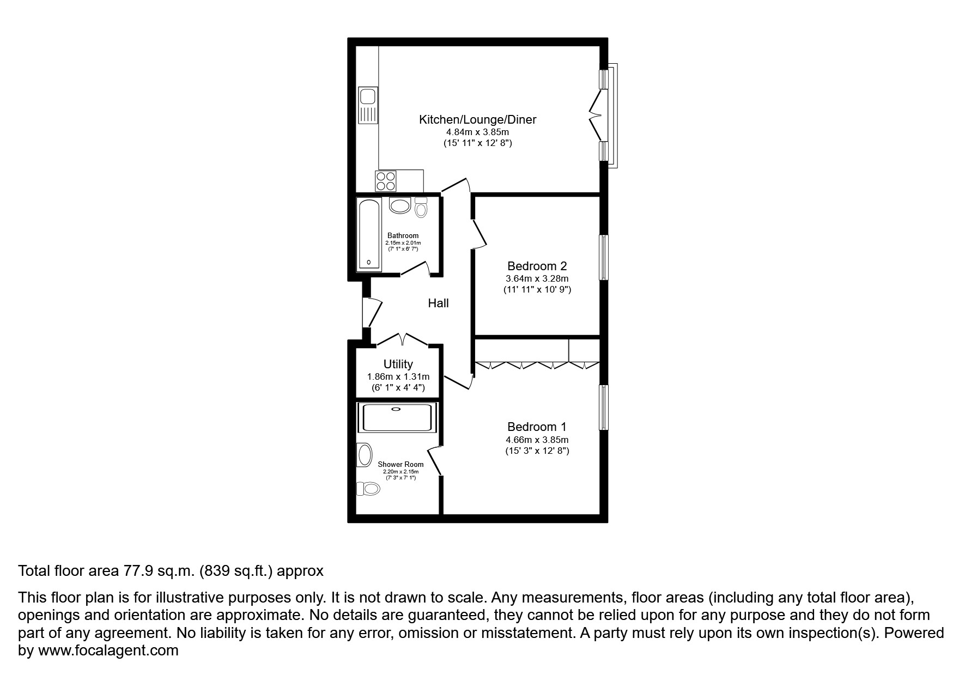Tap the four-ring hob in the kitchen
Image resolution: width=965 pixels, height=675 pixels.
(x=385, y=181)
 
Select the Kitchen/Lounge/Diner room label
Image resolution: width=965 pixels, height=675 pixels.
(x=477, y=120)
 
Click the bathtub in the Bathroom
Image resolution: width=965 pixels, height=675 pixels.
(x=369, y=234)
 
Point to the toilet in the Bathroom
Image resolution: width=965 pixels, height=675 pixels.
(x=421, y=208)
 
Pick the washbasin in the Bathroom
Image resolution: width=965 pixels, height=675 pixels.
(x=400, y=206)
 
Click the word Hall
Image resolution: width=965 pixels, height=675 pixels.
(x=438, y=303)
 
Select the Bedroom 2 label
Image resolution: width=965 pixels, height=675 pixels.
(x=537, y=266)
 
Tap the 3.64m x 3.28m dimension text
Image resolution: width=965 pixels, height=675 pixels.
(x=537, y=278)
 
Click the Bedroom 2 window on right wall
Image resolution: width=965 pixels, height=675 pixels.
(x=603, y=257)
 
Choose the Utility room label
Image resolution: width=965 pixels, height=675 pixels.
(x=398, y=364)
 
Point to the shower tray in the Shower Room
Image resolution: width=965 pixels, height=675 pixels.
(x=397, y=417)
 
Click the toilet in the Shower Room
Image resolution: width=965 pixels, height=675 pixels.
(x=368, y=489)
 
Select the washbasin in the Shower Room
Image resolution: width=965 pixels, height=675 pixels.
(x=364, y=455)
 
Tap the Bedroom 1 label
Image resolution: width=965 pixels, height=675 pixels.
(x=537, y=427)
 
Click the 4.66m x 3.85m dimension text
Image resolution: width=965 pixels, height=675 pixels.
(x=537, y=440)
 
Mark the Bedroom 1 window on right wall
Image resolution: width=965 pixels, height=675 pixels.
(x=603, y=408)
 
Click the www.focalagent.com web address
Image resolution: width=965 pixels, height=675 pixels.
(x=108, y=650)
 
